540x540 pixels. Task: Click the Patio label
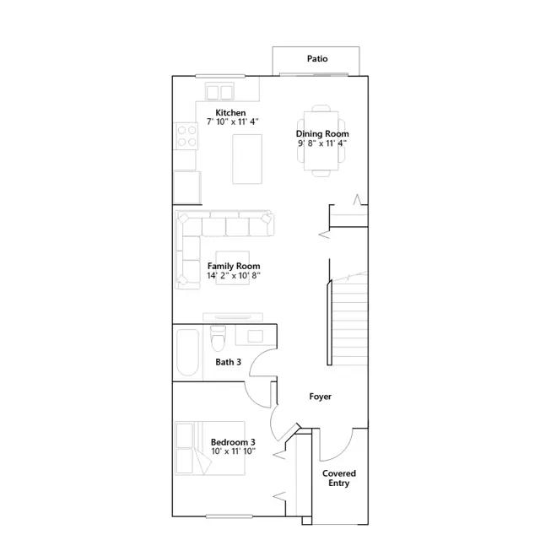317,58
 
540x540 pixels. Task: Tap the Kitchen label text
230,112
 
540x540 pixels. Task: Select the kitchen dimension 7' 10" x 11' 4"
233,121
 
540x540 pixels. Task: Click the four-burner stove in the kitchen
186,136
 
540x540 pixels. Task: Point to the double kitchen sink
219,92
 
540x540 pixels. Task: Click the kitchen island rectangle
247,159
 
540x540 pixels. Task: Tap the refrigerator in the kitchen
187,187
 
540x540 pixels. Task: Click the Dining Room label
322,133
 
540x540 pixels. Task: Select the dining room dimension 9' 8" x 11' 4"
322,143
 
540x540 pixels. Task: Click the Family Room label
234,267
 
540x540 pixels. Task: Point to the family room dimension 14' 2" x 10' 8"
234,276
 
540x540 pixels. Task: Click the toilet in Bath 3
218,338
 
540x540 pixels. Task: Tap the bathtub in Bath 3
187,353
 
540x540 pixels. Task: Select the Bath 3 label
228,362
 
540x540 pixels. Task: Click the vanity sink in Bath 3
255,336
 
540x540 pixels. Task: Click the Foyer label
321,397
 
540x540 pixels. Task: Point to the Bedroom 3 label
233,442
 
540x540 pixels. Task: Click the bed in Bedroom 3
210,448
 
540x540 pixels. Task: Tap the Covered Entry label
339,478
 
